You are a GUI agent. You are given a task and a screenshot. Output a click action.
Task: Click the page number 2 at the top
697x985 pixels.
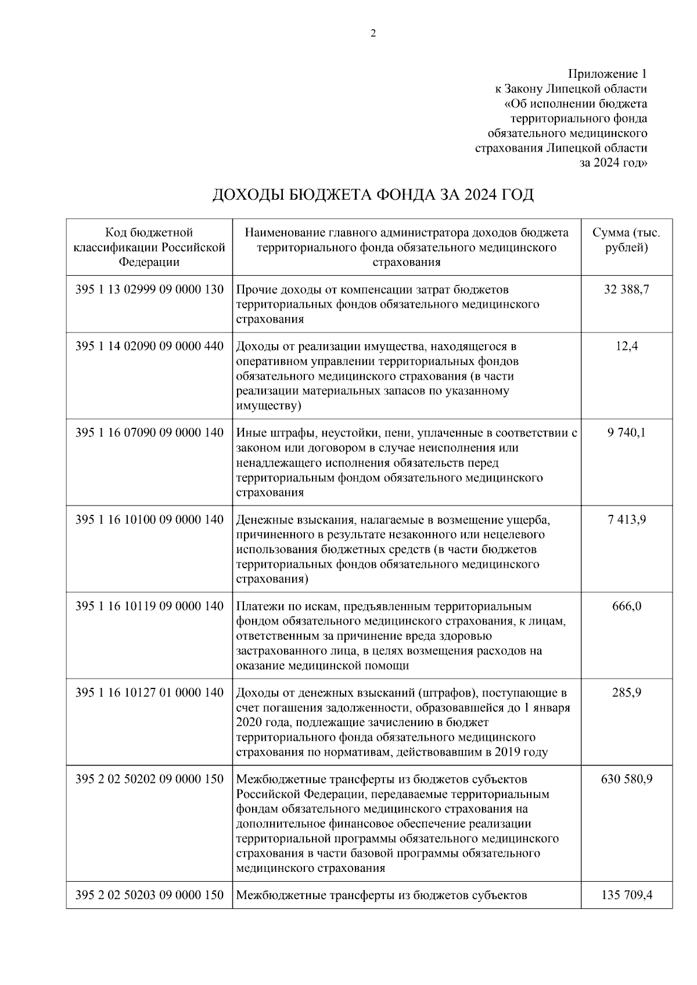373,34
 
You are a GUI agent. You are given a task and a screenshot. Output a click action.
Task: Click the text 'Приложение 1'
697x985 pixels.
607,74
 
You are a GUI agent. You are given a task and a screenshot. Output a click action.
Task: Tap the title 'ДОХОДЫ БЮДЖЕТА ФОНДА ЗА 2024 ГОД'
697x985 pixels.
373,194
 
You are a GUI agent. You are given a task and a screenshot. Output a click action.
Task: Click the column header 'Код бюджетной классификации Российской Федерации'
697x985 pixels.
149,247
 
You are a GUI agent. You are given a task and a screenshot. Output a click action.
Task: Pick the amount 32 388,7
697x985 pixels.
626,289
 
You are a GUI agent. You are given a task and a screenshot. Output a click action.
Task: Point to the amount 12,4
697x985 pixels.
627,347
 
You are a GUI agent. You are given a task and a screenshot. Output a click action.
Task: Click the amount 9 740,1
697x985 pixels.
626,433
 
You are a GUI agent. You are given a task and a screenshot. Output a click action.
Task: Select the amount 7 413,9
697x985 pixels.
627,519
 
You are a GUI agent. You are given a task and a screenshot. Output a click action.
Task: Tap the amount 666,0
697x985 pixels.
627,607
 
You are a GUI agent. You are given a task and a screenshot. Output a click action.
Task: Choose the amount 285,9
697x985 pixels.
627,693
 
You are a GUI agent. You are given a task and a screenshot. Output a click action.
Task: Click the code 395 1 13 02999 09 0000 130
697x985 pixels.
149,289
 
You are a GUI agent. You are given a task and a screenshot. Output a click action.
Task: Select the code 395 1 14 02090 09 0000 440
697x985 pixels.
149,347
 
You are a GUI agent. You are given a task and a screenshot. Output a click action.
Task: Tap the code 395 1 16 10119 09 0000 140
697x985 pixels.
149,607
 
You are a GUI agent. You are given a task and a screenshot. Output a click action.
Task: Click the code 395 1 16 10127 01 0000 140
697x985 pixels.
149,693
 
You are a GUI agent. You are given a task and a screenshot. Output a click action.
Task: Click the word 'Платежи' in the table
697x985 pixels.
257,607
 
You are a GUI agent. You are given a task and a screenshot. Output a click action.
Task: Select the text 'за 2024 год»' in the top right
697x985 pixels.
613,163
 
